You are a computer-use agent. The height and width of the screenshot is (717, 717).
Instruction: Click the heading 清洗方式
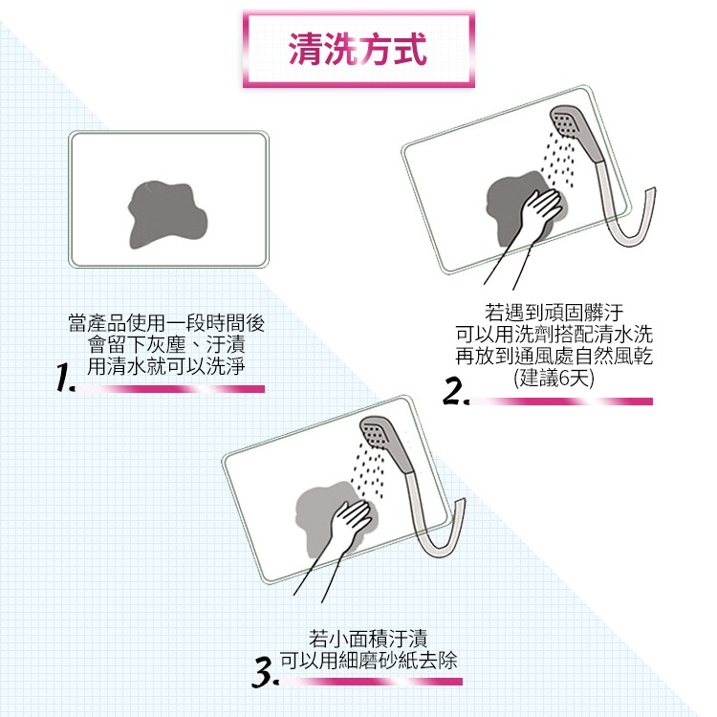click(x=358, y=49)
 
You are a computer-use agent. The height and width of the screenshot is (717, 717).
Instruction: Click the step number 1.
click(x=64, y=378)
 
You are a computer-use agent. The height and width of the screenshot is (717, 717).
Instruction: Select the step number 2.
click(x=455, y=391)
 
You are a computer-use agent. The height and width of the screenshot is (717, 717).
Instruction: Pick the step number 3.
click(x=265, y=672)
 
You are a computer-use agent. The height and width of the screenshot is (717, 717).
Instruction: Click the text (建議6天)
click(x=554, y=379)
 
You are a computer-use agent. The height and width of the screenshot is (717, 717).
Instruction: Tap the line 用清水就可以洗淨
click(x=166, y=366)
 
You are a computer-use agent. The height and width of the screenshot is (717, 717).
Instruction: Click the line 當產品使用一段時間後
click(x=166, y=323)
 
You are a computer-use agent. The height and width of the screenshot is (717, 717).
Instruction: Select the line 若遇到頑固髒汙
click(x=554, y=313)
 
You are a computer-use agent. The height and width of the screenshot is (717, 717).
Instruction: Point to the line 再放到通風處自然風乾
click(x=554, y=357)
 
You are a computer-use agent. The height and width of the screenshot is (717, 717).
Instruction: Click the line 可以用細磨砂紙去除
click(x=369, y=660)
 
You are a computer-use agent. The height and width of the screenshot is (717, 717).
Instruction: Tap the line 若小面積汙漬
click(x=368, y=639)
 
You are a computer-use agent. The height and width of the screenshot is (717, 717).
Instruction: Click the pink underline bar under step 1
click(x=170, y=389)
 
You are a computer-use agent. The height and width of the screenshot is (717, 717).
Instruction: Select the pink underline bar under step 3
click(x=371, y=682)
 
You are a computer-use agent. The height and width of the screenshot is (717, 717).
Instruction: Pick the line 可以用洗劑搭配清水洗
click(x=554, y=335)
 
